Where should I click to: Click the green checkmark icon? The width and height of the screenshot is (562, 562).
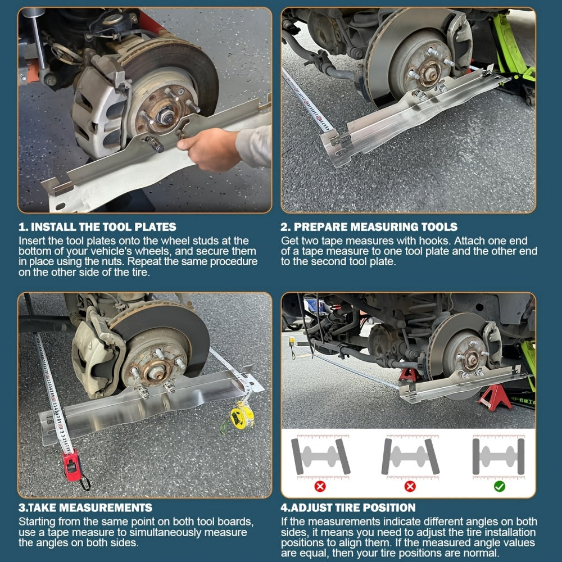[x=499, y=486]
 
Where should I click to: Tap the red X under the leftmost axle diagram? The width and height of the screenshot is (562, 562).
[x=320, y=486]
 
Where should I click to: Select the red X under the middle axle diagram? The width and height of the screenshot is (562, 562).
[x=410, y=486]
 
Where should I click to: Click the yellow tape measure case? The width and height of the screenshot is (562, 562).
[x=242, y=416]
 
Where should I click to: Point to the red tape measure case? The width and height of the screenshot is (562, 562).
[x=72, y=465]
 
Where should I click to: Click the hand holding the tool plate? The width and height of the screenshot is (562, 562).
[x=209, y=149]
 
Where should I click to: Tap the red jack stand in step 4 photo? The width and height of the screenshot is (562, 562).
[x=494, y=398]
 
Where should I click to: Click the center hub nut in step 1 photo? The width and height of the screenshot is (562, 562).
[x=165, y=115]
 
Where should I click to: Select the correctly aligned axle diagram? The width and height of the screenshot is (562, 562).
[x=498, y=456]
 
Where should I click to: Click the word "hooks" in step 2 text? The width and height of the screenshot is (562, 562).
[x=433, y=241]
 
